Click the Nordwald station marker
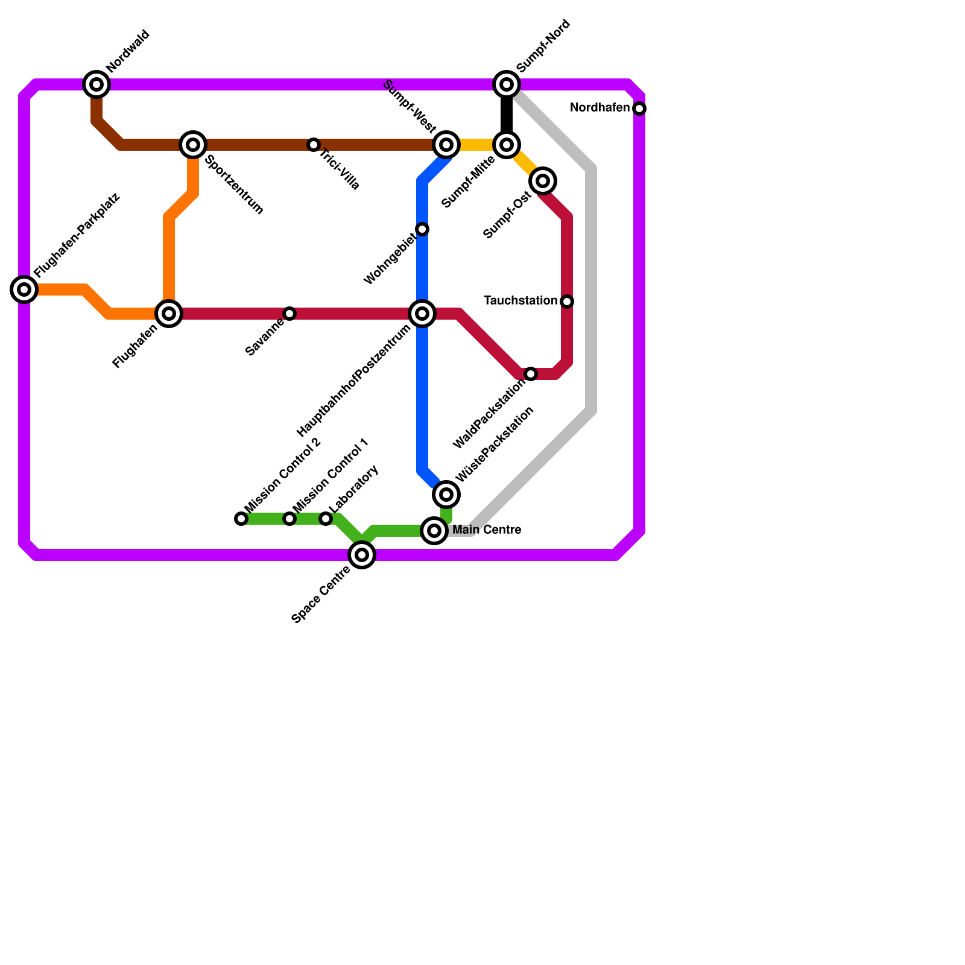(96, 84)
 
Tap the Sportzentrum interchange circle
(193, 145)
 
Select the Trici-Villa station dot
(314, 145)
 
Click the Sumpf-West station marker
(446, 145)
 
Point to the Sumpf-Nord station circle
(507, 84)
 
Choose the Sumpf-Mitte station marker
(507, 145)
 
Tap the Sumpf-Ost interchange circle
(543, 181)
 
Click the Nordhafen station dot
(639, 109)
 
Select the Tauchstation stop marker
(567, 302)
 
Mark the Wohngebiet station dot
(422, 229)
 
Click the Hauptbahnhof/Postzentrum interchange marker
(422, 314)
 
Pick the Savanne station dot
(289, 314)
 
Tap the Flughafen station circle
(169, 314)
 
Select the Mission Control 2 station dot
(241, 519)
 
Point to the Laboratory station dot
(326, 519)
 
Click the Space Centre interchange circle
(362, 555)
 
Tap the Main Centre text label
(487, 530)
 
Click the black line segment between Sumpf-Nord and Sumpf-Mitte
(507, 115)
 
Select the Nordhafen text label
(600, 108)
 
